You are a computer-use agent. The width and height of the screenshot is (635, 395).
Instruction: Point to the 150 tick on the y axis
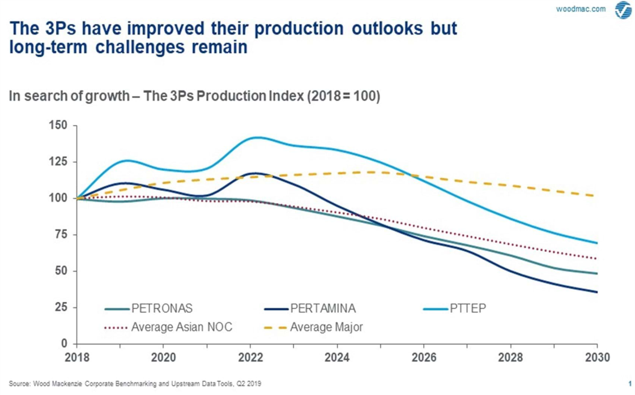[58, 126]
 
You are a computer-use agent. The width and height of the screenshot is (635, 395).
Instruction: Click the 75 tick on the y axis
[61, 234]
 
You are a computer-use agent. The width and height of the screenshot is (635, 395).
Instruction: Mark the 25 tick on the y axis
[61, 307]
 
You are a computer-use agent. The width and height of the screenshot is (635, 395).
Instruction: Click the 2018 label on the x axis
[76, 358]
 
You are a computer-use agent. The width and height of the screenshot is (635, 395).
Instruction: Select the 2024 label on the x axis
[337, 358]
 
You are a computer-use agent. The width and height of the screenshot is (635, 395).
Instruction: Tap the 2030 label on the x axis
[597, 358]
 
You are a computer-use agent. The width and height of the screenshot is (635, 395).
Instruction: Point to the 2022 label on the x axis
[250, 358]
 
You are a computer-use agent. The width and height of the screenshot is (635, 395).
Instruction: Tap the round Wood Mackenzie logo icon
[623, 10]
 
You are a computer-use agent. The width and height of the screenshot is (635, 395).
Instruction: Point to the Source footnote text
[135, 383]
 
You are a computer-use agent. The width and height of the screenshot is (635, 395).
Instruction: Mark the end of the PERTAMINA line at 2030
[597, 292]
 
